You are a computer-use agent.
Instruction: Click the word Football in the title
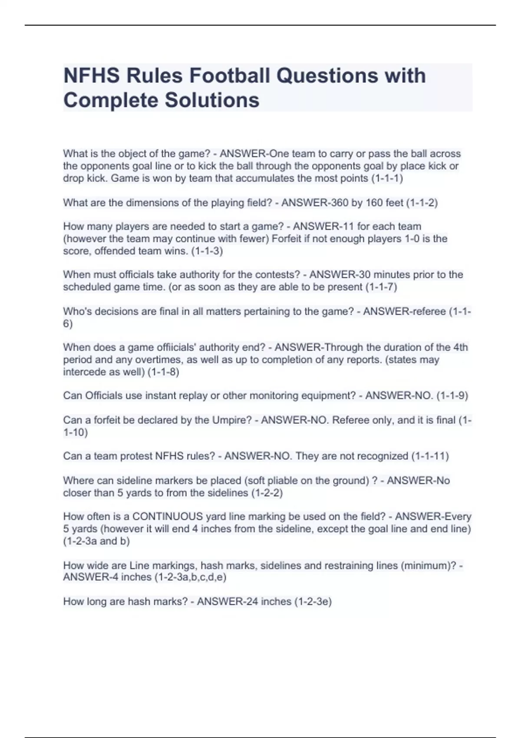[x=229, y=76]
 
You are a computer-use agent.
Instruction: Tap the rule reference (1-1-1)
[x=387, y=178]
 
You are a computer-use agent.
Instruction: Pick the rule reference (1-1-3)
[x=207, y=251]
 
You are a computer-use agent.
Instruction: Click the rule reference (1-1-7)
[x=381, y=287]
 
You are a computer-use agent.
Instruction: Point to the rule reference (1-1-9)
[x=452, y=395]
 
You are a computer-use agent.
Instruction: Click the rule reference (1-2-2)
[x=267, y=493]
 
